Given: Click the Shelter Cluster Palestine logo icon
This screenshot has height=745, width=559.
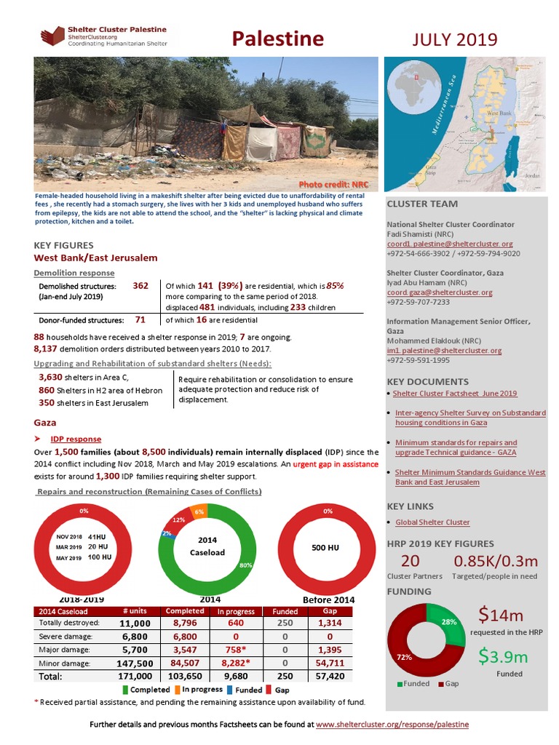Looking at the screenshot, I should pos(52,36).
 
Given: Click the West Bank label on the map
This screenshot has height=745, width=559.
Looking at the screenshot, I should pos(499,114).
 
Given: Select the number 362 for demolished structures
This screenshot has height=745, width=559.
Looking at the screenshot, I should pos(140,286).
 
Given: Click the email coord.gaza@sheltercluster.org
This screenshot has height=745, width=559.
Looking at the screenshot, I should pos(440,292).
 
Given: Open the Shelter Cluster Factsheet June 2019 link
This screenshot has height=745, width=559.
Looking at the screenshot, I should pos(455,394).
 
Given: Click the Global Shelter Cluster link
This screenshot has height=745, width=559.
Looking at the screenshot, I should pos(432,522).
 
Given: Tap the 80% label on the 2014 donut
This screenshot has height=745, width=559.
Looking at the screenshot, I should pos(245,565).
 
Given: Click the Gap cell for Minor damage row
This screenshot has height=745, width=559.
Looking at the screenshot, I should pos(325,664).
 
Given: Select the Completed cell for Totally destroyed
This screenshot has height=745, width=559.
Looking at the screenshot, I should pos(185,623).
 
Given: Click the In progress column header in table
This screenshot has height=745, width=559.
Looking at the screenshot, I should pos(235,611).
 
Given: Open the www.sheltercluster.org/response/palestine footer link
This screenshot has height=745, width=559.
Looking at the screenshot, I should pos(392,725).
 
